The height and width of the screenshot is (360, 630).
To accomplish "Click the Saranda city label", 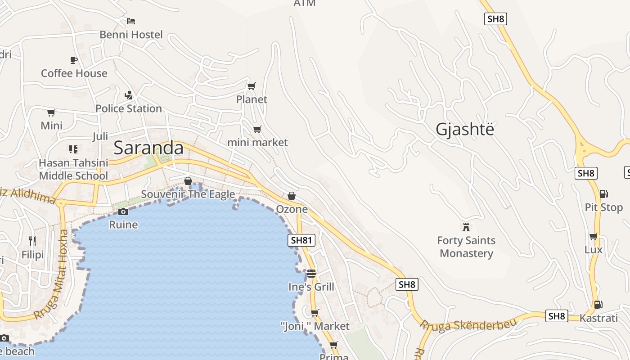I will pyautogui.click(x=148, y=148).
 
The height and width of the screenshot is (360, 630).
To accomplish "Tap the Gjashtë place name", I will pyautogui.click(x=464, y=130).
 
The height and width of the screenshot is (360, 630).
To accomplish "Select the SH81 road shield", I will pyautogui.click(x=301, y=240).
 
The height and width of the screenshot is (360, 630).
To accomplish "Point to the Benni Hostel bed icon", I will pyautogui.click(x=131, y=21).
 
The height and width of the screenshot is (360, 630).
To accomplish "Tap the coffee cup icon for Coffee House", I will pyautogui.click(x=74, y=60).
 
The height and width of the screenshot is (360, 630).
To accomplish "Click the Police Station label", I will pyautogui.click(x=129, y=108).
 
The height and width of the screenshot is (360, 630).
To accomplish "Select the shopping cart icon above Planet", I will pyautogui.click(x=252, y=86).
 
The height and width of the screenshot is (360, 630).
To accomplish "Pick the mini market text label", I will pyautogui.click(x=257, y=143).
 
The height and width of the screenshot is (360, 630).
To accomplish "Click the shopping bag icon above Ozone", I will pyautogui.click(x=292, y=196).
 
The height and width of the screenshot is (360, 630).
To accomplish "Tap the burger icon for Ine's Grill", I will pyautogui.click(x=311, y=273).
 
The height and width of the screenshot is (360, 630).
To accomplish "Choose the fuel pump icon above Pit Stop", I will pyautogui.click(x=603, y=194).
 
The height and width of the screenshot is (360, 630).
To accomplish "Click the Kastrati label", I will pyautogui.click(x=598, y=318).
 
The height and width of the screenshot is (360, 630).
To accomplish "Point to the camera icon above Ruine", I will pyautogui.click(x=123, y=211).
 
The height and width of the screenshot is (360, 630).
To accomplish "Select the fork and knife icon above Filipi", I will pyautogui.click(x=32, y=241).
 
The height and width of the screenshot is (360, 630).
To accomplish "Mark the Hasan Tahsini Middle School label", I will pyautogui.click(x=73, y=169).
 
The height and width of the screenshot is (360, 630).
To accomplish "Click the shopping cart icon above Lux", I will pyautogui.click(x=594, y=236).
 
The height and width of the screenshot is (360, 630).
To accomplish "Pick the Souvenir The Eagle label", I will pyautogui.click(x=188, y=194).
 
